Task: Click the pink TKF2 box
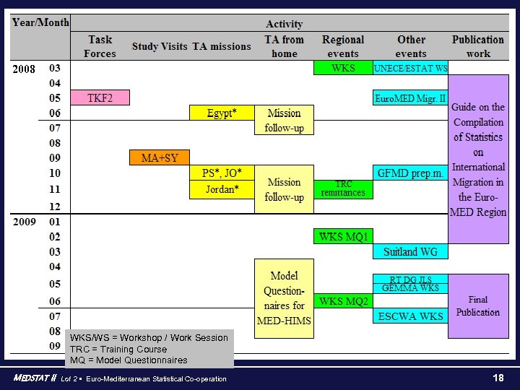pyautogui.click(x=100, y=97)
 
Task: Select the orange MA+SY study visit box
pyautogui.click(x=159, y=157)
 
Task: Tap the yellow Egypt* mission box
pyautogui.click(x=221, y=113)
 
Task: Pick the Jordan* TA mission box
pyautogui.click(x=221, y=190)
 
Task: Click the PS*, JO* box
pyautogui.click(x=221, y=173)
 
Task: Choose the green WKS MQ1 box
pyautogui.click(x=344, y=236)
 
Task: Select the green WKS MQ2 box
pyautogui.click(x=344, y=301)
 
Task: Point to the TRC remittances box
pyautogui.click(x=344, y=189)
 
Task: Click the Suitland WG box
pyautogui.click(x=410, y=251)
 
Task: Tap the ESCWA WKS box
pyautogui.click(x=410, y=316)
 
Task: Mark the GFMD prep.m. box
pyautogui.click(x=410, y=173)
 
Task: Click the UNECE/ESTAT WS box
pyautogui.click(x=410, y=68)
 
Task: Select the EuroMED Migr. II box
pyautogui.click(x=410, y=97)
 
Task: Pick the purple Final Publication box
pyautogui.click(x=477, y=306)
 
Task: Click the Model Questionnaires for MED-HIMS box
pyautogui.click(x=284, y=298)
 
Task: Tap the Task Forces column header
pyautogui.click(x=100, y=46)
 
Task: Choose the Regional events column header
pyautogui.click(x=343, y=46)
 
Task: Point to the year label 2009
pyautogui.click(x=25, y=222)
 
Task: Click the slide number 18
pyautogui.click(x=498, y=378)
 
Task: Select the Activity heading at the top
pyautogui.click(x=284, y=25)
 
